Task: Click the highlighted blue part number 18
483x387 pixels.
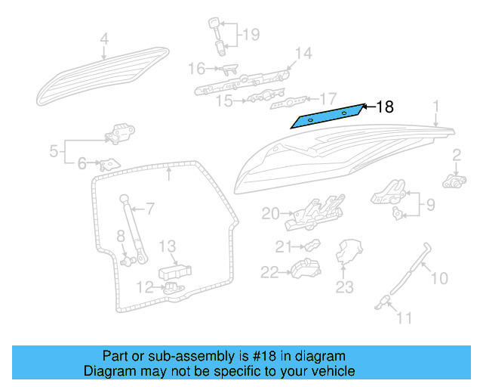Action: coord(330,116)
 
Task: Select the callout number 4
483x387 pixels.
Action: coord(104,39)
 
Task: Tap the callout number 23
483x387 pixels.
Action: coord(344,286)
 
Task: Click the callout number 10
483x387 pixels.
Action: coord(439,279)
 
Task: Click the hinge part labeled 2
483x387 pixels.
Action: coord(452,181)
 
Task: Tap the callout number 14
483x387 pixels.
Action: coord(303,53)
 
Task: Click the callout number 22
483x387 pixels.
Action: coord(269,271)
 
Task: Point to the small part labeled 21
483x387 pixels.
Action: coord(311,246)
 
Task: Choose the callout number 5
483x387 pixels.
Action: coord(54,151)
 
